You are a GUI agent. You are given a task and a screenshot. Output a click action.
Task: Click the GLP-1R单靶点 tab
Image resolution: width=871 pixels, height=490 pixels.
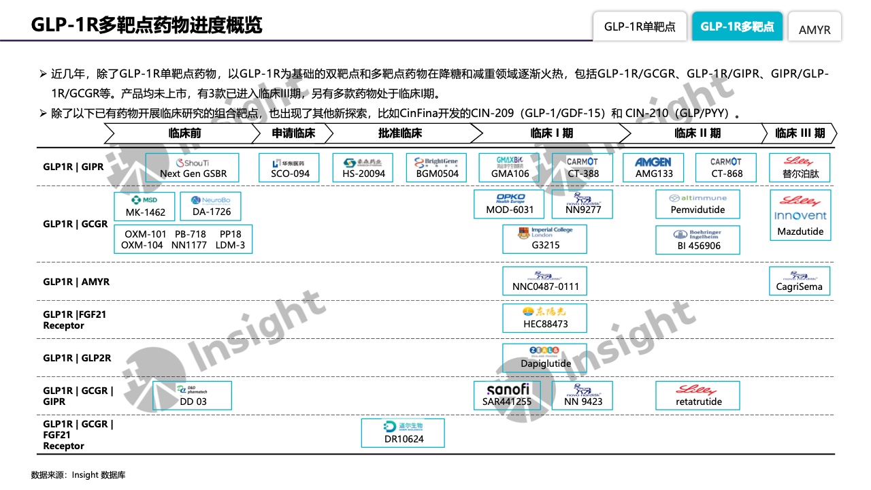coord(640,27)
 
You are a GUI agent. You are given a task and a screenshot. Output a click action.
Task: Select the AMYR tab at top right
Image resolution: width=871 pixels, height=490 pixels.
coord(815,30)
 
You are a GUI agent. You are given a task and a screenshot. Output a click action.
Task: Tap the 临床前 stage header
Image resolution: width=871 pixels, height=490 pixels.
coord(185,133)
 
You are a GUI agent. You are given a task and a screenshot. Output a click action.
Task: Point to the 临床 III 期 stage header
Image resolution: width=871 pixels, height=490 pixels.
coord(800,133)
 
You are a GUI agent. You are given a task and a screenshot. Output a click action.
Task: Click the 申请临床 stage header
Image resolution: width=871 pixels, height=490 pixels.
coord(293,133)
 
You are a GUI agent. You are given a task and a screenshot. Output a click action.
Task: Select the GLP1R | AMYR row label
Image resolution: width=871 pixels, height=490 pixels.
coord(76,282)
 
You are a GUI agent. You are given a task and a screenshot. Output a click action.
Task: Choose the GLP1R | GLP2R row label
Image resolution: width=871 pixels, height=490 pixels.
coord(77,358)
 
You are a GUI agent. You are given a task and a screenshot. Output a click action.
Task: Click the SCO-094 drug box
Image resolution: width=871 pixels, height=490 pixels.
coord(290,167)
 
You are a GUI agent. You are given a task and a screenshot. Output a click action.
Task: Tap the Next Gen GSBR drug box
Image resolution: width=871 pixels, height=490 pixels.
coord(193,167)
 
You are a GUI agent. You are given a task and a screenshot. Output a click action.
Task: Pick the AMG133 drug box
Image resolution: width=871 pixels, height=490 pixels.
coord(654,167)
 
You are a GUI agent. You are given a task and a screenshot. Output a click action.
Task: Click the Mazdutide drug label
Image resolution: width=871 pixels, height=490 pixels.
coord(800,231)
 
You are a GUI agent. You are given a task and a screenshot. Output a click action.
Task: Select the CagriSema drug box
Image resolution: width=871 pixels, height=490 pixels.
coord(800,281)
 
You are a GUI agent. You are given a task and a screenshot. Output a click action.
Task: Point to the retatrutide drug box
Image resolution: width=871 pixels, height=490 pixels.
coord(698,395)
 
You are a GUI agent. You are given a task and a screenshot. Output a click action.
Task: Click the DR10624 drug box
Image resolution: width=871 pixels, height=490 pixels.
coord(403,433)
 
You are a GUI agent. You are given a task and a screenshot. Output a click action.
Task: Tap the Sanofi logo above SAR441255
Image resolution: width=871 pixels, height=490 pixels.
coord(508,389)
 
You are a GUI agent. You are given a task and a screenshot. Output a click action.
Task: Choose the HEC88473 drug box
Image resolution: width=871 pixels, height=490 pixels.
coord(545,318)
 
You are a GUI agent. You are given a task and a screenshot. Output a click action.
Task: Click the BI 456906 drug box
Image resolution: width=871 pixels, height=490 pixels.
coord(698,240)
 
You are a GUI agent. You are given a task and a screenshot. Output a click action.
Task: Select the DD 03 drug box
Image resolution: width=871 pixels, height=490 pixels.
coord(193,395)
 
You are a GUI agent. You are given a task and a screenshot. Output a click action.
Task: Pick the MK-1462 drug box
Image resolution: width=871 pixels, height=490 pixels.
coord(145,206)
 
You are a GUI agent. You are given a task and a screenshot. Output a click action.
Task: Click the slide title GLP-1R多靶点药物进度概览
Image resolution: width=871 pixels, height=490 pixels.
coord(146,25)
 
